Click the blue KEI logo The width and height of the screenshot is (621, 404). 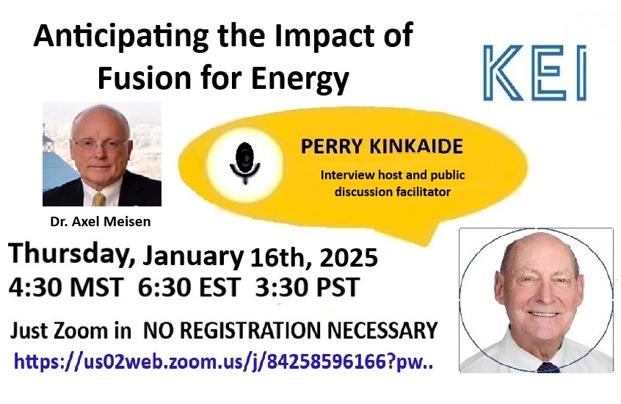[534, 73]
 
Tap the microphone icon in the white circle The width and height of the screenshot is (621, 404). [245, 163]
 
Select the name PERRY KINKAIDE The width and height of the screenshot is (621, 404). [382, 146]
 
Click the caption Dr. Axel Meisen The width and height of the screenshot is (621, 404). [101, 221]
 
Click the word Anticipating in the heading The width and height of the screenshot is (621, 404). [121, 37]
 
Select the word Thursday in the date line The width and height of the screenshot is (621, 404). [72, 253]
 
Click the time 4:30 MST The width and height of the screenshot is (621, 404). [66, 287]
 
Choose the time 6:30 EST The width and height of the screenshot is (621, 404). [189, 287]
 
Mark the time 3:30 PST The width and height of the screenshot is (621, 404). [308, 287]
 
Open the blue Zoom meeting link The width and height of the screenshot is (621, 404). [223, 361]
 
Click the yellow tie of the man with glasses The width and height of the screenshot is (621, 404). [99, 198]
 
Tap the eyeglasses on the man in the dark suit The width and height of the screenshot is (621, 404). [100, 144]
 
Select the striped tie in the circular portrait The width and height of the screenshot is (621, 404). [548, 367]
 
